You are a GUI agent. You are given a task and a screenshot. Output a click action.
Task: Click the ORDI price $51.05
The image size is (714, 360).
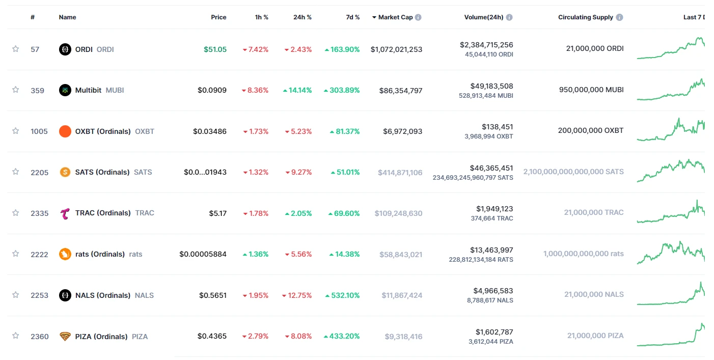click(215, 49)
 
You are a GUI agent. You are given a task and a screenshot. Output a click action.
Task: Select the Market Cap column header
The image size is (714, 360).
click(395, 17)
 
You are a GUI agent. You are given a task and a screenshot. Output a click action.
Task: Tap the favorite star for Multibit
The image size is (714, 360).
click(15, 90)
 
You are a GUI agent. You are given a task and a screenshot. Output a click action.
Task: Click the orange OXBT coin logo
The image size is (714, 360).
click(65, 131)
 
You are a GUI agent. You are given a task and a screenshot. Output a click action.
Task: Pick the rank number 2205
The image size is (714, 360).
click(39, 173)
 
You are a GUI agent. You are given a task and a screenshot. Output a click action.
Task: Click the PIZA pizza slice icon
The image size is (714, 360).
click(65, 337)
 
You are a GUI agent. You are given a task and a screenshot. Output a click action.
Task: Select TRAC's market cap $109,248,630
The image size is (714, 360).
click(398, 213)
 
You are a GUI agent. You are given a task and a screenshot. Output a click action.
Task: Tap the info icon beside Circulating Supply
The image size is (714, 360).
click(619, 17)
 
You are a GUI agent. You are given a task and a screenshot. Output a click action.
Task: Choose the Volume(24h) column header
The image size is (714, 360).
click(483, 17)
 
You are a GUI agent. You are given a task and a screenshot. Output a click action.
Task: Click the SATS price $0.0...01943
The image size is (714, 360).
click(205, 172)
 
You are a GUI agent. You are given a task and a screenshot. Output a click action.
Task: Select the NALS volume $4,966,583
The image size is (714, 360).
click(493, 291)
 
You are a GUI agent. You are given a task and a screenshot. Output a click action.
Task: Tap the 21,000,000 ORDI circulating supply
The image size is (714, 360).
click(594, 49)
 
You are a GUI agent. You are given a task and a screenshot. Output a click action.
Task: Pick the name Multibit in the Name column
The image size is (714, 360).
click(88, 90)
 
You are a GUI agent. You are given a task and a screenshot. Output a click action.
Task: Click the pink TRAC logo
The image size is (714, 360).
click(65, 213)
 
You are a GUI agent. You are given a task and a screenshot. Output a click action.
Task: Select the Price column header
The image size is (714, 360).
click(218, 17)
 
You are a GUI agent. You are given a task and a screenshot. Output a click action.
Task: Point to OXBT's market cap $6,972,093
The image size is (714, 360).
click(402, 131)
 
